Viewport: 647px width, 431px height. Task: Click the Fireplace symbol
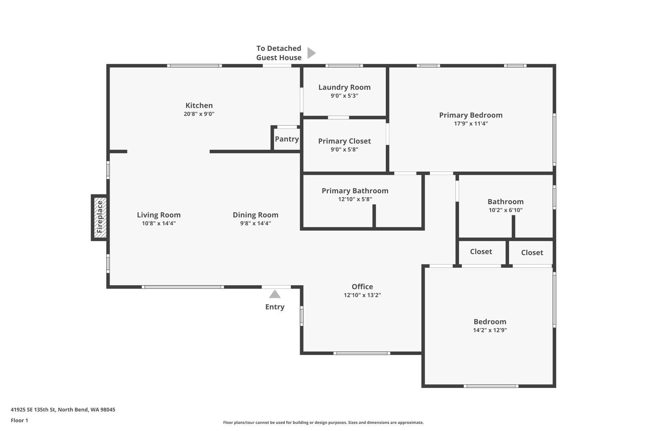tap(99, 217)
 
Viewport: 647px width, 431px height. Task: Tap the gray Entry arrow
tap(275, 294)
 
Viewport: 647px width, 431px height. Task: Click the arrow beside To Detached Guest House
tap(311, 53)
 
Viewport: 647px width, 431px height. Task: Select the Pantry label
tap(287, 139)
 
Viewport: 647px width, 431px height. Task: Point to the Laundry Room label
tap(345, 87)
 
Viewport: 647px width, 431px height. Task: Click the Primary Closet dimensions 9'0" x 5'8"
tap(345, 149)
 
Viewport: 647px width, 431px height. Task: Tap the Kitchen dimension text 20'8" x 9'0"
tap(199, 114)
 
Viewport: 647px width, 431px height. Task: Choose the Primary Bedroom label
tap(471, 115)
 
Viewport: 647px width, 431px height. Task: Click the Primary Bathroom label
tap(355, 191)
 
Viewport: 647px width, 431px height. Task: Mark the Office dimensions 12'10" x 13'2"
tap(362, 295)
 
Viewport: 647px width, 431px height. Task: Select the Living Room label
tap(159, 215)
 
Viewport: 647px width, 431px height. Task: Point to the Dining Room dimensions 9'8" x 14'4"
tap(256, 223)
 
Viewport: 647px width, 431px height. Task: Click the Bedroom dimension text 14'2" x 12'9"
tap(490, 330)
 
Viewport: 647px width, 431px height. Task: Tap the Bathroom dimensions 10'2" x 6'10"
tap(505, 210)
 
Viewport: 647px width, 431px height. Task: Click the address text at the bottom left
tap(63, 410)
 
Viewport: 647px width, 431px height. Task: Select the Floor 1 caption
tap(19, 420)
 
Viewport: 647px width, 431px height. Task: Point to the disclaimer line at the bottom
tap(323, 423)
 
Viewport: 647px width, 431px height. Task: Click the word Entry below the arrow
tap(275, 307)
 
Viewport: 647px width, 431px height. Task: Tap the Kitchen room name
tap(199, 105)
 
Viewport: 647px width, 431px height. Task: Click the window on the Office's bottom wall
tap(362, 353)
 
